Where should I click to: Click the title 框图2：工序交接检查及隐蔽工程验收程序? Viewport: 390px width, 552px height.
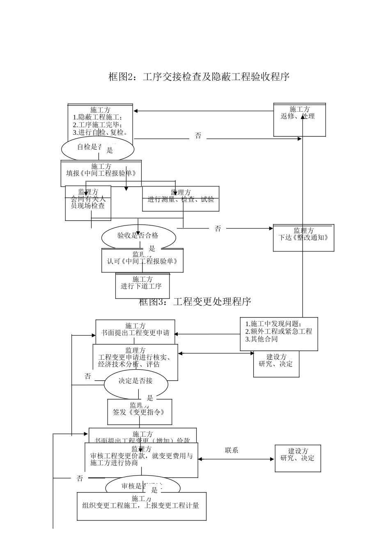[199, 77]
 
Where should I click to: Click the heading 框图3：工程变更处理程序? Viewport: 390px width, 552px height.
[195, 302]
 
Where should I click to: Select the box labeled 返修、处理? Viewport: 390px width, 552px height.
[299, 120]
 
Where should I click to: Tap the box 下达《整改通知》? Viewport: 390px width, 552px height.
[303, 238]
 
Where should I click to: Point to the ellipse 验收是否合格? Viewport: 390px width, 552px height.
[138, 236]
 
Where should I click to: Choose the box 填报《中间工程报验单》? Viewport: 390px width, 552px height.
[101, 173]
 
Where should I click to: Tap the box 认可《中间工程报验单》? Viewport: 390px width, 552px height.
[142, 261]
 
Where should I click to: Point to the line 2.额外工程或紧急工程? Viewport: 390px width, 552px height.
[278, 331]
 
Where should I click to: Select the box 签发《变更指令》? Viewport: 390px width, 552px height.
[139, 412]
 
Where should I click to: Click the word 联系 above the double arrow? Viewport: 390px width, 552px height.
[232, 450]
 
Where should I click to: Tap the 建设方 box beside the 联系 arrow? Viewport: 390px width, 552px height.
[298, 458]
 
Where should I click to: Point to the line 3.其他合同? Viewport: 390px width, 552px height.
[262, 339]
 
